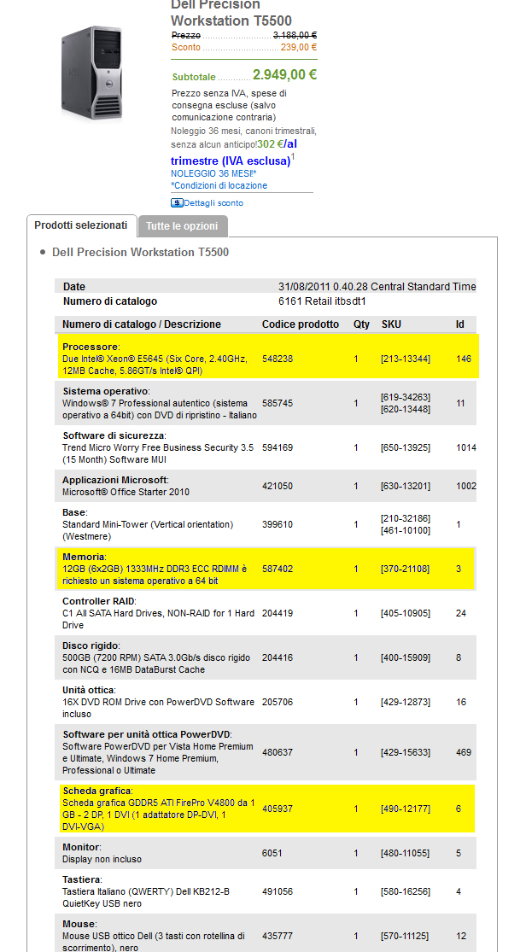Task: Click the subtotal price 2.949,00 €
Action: [284, 75]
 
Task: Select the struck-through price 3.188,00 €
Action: [295, 35]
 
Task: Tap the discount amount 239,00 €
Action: [299, 47]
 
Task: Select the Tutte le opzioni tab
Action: [182, 226]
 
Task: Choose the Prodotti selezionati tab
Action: [80, 225]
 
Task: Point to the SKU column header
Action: [391, 324]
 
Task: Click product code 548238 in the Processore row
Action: [277, 359]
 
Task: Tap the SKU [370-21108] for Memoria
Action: [405, 569]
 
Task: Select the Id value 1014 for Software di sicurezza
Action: [465, 447]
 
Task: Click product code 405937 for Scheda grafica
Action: [277, 808]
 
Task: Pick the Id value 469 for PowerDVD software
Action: [464, 752]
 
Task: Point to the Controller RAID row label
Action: [98, 601]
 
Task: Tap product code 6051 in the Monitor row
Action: [272, 853]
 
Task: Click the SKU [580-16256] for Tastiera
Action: [405, 891]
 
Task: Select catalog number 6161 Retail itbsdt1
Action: [322, 301]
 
